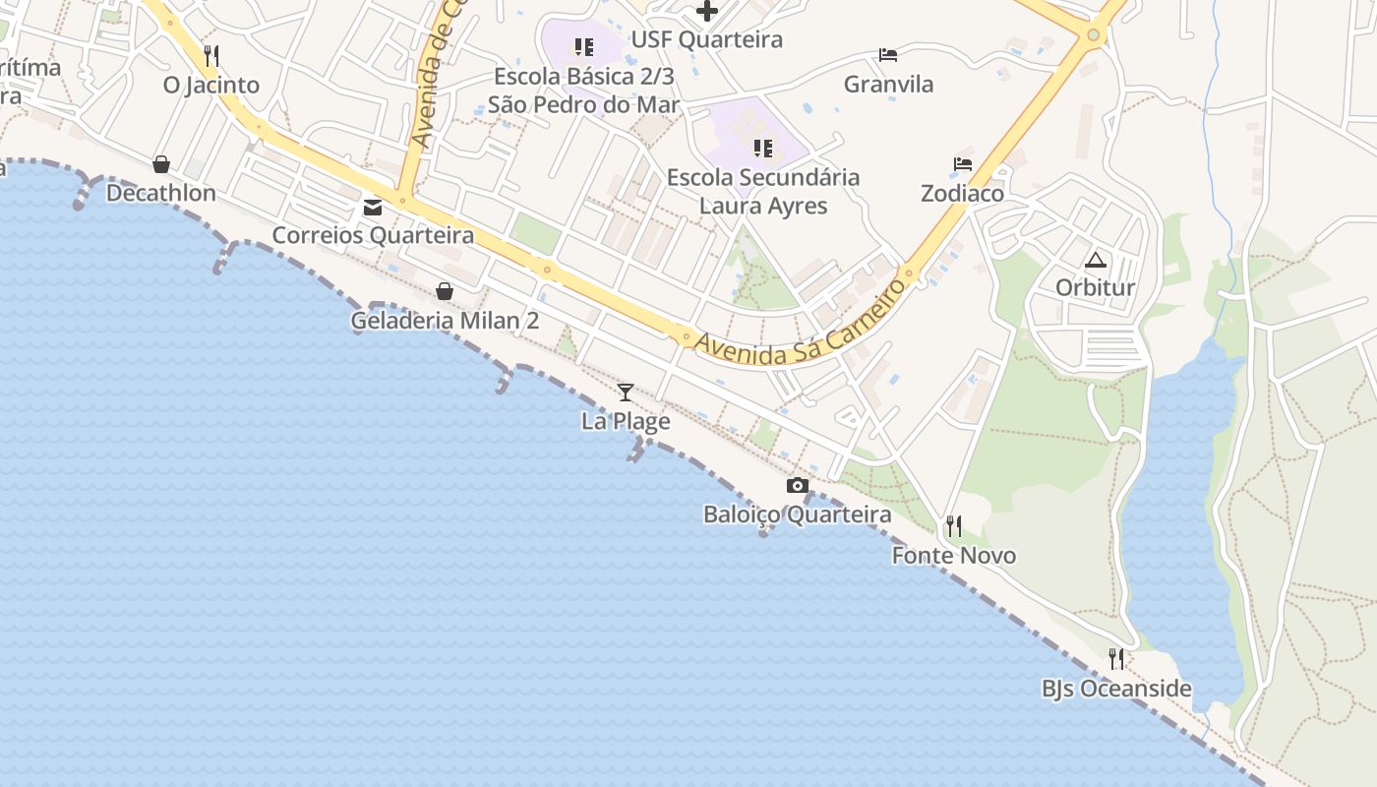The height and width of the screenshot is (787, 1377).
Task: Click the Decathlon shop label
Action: point(161,193)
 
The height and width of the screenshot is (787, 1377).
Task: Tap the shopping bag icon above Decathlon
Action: point(161,164)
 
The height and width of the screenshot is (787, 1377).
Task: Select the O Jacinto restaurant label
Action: point(211,86)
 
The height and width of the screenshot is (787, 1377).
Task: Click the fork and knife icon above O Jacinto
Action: point(211,55)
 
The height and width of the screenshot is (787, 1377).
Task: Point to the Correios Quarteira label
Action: point(373,236)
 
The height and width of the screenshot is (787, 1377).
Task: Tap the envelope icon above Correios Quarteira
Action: point(373,208)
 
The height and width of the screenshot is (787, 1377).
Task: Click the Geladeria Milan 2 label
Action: point(445,322)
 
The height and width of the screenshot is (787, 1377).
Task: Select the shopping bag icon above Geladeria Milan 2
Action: point(445,291)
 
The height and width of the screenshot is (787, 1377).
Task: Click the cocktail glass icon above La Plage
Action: point(626,393)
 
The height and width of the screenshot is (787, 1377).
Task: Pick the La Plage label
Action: point(626,422)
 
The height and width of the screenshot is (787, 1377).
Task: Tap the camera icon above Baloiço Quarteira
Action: point(798,485)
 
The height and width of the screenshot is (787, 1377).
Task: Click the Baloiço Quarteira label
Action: point(798,515)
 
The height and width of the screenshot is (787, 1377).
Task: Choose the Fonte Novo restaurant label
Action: point(954,556)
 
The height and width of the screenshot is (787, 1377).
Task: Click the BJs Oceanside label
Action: point(1116,689)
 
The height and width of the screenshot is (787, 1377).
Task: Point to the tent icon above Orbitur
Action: point(1096,261)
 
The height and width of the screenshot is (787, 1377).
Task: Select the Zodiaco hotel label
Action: point(962,194)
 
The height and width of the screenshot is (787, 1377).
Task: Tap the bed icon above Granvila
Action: point(888,55)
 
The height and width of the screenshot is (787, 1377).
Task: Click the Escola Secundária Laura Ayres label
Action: point(763,192)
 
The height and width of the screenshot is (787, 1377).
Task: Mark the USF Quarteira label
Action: point(707,40)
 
